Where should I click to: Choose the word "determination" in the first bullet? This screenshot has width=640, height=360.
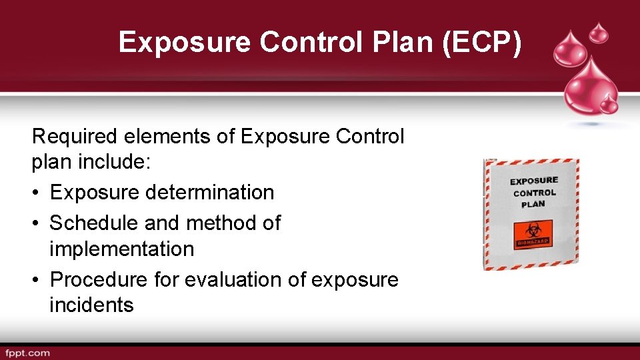pyautogui.click(x=208, y=192)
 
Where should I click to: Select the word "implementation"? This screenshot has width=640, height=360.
pyautogui.click(x=122, y=249)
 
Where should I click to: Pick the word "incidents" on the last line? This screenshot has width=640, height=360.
pyautogui.click(x=91, y=305)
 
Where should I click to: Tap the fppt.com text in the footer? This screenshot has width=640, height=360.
pyautogui.click(x=27, y=353)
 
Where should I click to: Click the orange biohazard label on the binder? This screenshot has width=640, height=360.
pyautogui.click(x=533, y=235)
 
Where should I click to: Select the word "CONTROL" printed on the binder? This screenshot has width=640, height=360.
pyautogui.click(x=535, y=193)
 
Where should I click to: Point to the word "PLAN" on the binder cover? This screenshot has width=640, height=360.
pyautogui.click(x=533, y=204)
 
